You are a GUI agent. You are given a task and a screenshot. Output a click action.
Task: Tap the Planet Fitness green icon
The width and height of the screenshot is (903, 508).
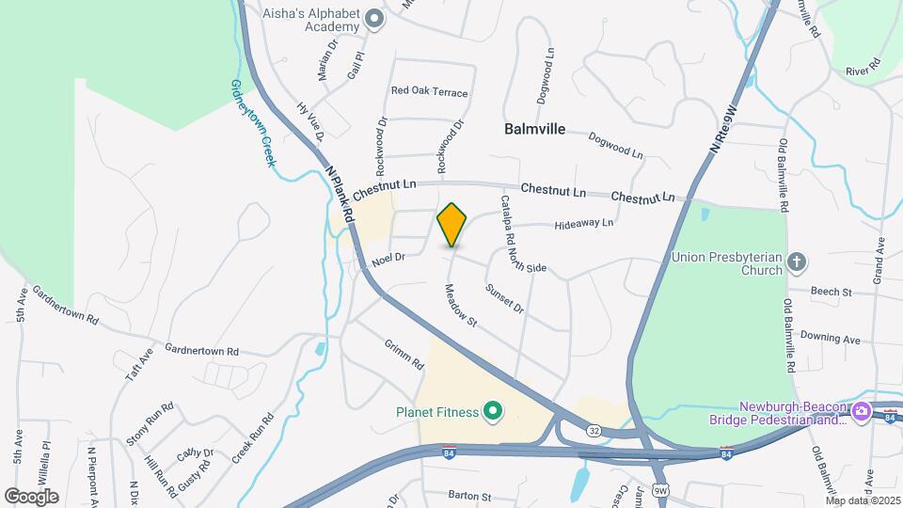[490, 411]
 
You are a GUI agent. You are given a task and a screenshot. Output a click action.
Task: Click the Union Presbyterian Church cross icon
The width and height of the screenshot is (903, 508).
[796, 262]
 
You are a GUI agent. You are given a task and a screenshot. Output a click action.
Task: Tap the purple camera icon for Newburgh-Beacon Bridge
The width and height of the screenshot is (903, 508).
[860, 412]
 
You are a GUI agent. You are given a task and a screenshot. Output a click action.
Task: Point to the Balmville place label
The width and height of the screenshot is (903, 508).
[534, 129]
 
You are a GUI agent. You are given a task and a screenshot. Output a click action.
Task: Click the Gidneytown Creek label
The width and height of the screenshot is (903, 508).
[254, 123]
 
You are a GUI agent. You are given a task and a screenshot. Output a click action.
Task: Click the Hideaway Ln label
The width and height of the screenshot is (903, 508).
[583, 223]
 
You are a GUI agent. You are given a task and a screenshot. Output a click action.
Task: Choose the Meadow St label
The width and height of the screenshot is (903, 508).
[462, 306]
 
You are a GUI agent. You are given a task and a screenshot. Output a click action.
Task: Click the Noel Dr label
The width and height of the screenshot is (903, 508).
[388, 257]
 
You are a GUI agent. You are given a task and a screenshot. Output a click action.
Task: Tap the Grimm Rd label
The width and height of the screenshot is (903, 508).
[404, 354]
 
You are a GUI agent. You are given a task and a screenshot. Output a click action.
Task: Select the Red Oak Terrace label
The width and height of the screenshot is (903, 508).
[429, 92]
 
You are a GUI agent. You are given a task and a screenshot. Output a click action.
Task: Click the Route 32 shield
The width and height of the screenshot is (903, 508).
[594, 431]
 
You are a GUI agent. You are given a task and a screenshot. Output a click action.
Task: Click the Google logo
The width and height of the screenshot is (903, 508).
[31, 496]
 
